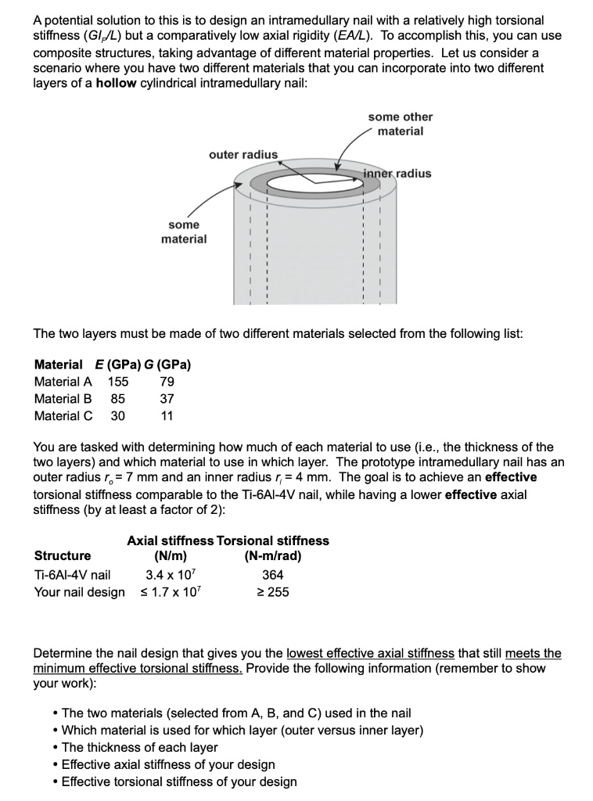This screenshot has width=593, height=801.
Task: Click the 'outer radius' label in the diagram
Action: [x=243, y=154]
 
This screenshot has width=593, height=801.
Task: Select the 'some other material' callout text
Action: [x=400, y=124]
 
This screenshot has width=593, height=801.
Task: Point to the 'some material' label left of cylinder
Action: [x=184, y=232]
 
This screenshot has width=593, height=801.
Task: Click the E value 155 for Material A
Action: [x=117, y=382]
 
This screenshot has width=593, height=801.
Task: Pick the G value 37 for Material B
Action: [x=166, y=399]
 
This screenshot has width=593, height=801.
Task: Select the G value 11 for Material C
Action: [x=167, y=416]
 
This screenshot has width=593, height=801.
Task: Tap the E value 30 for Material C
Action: [x=117, y=416]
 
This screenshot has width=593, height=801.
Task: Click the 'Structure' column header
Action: [x=63, y=556]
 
